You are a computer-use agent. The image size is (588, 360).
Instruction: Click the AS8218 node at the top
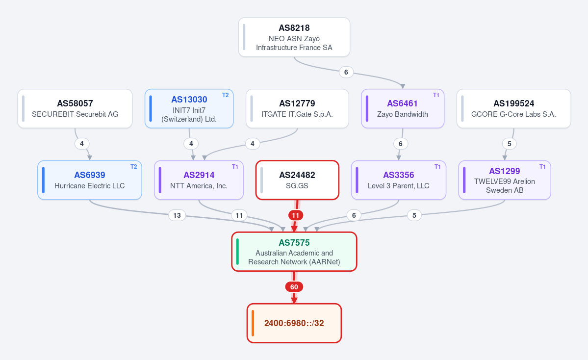pyautogui.click(x=294, y=37)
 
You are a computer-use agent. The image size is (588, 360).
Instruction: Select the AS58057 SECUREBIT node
pyautogui.click(x=75, y=109)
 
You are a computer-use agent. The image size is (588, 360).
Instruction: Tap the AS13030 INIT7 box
pyautogui.click(x=189, y=109)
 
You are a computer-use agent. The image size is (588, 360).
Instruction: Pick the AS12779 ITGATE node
pyautogui.click(x=297, y=109)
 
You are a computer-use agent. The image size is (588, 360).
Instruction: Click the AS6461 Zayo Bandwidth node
pyautogui.click(x=402, y=109)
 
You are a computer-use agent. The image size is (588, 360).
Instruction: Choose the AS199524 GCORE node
pyautogui.click(x=513, y=109)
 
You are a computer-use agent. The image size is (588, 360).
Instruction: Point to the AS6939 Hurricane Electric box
pyautogui.click(x=90, y=180)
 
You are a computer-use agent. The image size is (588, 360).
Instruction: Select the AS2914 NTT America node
pyautogui.click(x=199, y=180)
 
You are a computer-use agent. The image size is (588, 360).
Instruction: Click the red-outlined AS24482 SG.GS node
pyautogui.click(x=297, y=180)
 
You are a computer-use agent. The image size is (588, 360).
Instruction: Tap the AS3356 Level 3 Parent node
pyautogui.click(x=398, y=180)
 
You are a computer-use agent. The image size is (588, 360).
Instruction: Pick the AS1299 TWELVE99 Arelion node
pyautogui.click(x=504, y=180)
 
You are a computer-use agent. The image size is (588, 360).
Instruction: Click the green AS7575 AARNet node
pyautogui.click(x=294, y=252)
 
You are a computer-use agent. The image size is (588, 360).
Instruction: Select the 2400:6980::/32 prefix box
pyautogui.click(x=294, y=323)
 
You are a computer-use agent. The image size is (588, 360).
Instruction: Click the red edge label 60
pyautogui.click(x=294, y=287)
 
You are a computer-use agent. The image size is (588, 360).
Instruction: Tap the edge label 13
pyautogui.click(x=177, y=215)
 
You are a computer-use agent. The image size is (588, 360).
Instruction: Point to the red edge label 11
pyautogui.click(x=296, y=215)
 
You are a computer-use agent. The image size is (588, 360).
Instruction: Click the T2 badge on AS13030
pyautogui.click(x=226, y=95)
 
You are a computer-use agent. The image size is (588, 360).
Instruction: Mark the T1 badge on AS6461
pyautogui.click(x=436, y=95)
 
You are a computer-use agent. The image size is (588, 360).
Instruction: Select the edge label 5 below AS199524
pyautogui.click(x=509, y=144)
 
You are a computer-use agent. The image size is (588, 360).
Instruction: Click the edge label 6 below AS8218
pyautogui.click(x=346, y=72)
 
